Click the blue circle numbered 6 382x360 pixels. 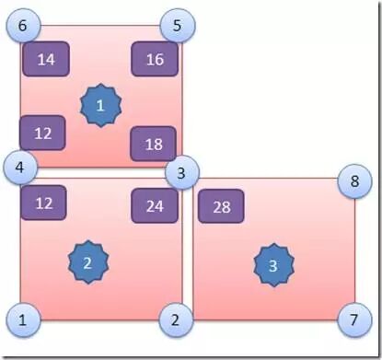[22, 26]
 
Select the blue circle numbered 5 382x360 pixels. [176, 26]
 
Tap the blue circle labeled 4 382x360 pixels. [20, 168]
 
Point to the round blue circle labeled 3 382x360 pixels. [181, 172]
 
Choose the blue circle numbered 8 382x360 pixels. [353, 181]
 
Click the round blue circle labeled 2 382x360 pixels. [175, 319]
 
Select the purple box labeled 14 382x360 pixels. [45, 60]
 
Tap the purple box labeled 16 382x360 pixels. [155, 60]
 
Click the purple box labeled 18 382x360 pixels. [153, 144]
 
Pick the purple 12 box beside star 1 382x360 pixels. [42, 133]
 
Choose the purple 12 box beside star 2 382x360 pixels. [43, 203]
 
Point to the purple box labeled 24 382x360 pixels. [154, 205]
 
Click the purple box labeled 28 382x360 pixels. [221, 206]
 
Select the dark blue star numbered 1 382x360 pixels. [100, 106]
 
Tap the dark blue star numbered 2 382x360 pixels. [88, 261]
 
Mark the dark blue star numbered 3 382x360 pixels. [272, 265]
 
